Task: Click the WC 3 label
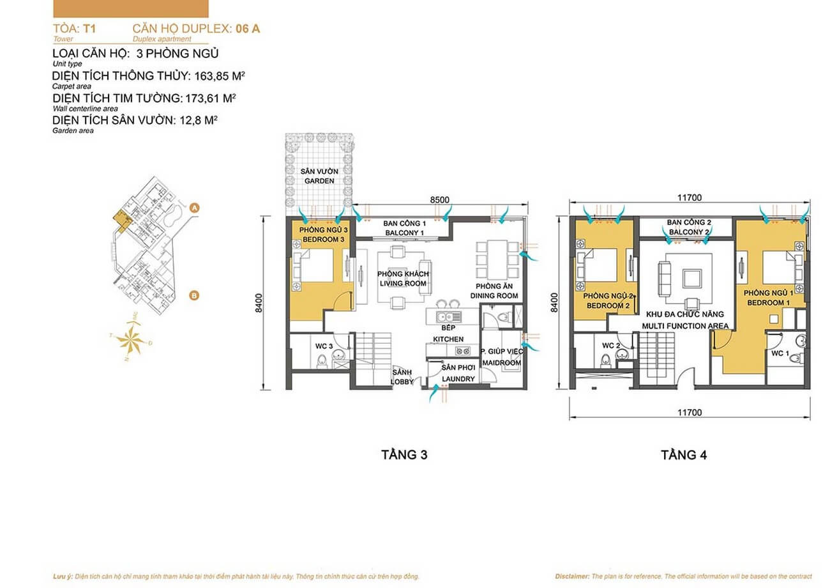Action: [x=324, y=346]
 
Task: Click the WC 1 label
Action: [x=780, y=353]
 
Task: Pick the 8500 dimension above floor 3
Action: [x=439, y=199]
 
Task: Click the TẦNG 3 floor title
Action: [x=404, y=455]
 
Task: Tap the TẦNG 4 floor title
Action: [x=684, y=455]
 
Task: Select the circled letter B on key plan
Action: [x=194, y=295]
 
